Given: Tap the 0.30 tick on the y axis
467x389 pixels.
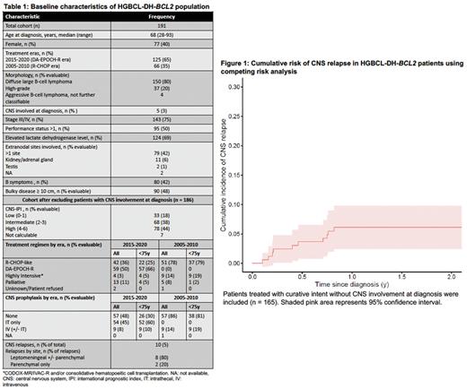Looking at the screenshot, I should click(x=234, y=86).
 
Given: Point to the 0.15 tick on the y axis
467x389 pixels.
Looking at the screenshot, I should click(x=234, y=176).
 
